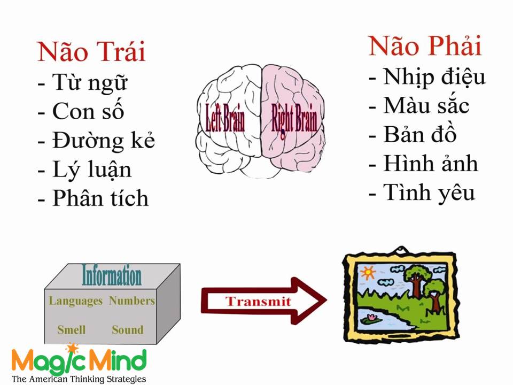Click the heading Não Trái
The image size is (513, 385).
[x=91, y=52]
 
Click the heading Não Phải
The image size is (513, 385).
[x=425, y=46]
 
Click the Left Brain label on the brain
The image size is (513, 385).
[x=225, y=118]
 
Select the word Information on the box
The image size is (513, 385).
[x=112, y=276]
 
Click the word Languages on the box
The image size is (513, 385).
[x=75, y=301]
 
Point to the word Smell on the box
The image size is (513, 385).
[x=71, y=329]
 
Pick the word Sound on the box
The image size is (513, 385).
[x=128, y=329]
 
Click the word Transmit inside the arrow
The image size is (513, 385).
[x=258, y=301]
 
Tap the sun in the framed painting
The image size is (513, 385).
[x=368, y=272]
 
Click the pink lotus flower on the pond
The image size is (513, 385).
[x=372, y=317]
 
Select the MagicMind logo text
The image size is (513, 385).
[x=79, y=360]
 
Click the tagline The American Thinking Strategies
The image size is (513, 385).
[x=79, y=379]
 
